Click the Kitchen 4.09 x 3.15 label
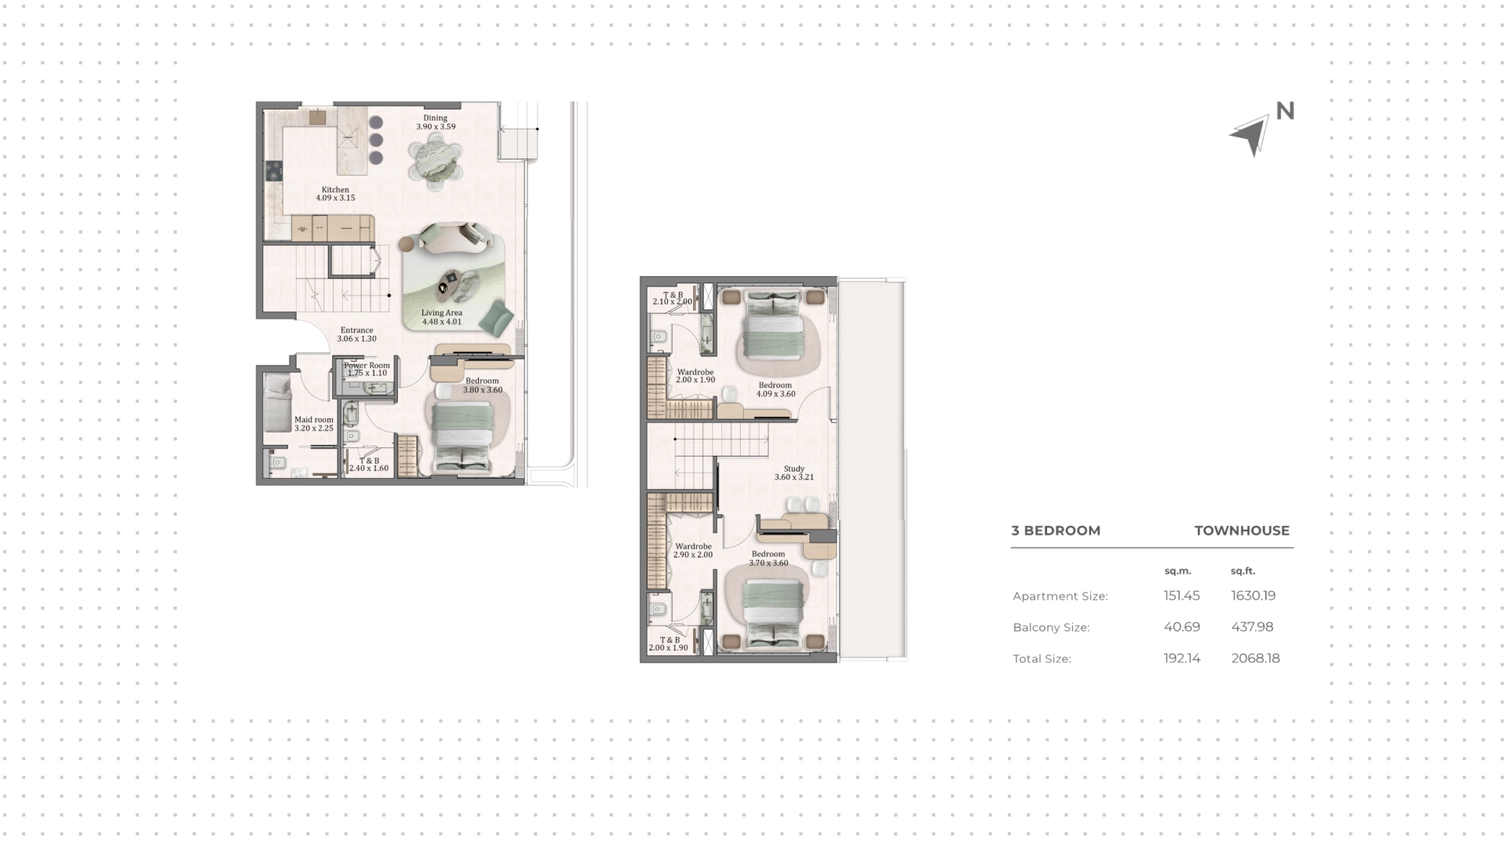335,194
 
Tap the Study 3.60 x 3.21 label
794,472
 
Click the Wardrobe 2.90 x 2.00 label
693,550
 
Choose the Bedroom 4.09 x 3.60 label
775,389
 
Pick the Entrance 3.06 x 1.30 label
356,334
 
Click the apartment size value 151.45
1181,596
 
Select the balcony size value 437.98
1253,627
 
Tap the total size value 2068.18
1255,658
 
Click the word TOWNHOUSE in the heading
1242,531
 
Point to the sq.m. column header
1177,571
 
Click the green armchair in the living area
496,317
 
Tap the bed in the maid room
277,403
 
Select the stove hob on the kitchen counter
274,171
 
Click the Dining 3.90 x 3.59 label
436,122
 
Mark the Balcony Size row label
1051,628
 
